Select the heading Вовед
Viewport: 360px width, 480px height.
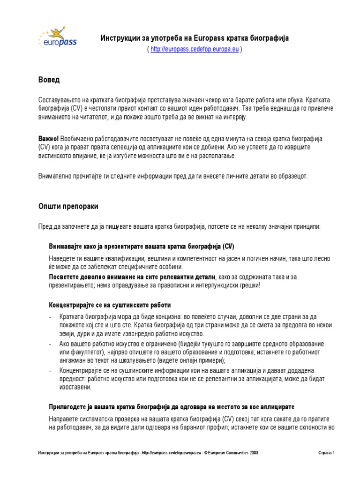[49, 80]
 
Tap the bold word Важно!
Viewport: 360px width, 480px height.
[48, 139]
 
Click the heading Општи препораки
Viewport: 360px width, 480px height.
[68, 206]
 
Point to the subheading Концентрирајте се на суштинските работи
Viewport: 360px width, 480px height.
[110, 305]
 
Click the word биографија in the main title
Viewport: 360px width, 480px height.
[271, 38]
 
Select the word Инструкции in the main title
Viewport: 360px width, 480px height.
[119, 38]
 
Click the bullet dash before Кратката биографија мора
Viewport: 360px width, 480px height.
[50, 317]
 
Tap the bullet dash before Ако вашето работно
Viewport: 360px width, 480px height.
[50, 344]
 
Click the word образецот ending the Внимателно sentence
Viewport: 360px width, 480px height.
[292, 176]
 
